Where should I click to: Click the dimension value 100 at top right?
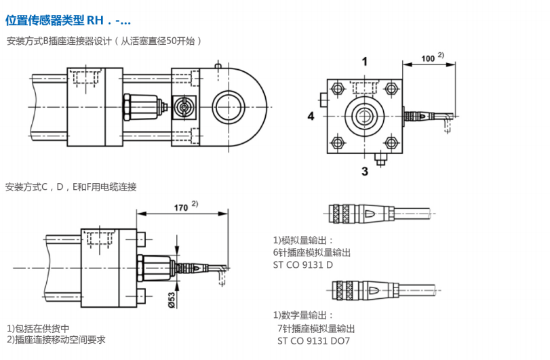428,58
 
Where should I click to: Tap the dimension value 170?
179,207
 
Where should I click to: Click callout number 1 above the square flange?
364,62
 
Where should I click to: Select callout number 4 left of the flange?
311,117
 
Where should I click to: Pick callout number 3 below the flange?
364,172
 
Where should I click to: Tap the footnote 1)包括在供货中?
39,328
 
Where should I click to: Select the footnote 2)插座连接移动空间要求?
56,339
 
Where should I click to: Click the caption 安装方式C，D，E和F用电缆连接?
71,186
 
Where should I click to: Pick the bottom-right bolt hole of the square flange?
390,142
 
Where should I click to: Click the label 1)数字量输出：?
303,315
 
